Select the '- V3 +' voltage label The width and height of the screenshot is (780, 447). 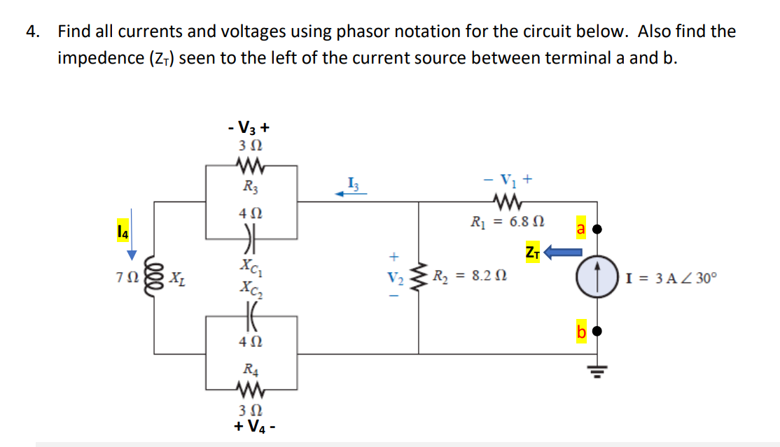pyautogui.click(x=249, y=128)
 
